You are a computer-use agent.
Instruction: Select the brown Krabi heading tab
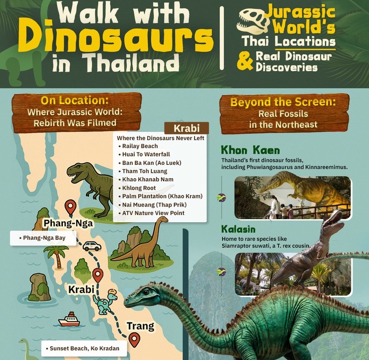(186, 128)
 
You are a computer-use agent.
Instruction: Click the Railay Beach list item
(140, 146)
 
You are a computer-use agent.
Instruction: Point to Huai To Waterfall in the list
(146, 154)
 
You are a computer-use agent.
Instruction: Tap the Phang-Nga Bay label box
(44, 238)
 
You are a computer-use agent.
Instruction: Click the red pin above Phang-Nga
(70, 207)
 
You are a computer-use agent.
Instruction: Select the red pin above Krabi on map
(98, 275)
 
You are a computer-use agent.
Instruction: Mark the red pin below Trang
(134, 339)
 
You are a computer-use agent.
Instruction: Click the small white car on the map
(92, 246)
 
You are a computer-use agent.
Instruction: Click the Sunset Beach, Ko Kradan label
(82, 349)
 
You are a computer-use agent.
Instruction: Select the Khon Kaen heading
(250, 150)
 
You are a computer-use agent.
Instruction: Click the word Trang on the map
(140, 326)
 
